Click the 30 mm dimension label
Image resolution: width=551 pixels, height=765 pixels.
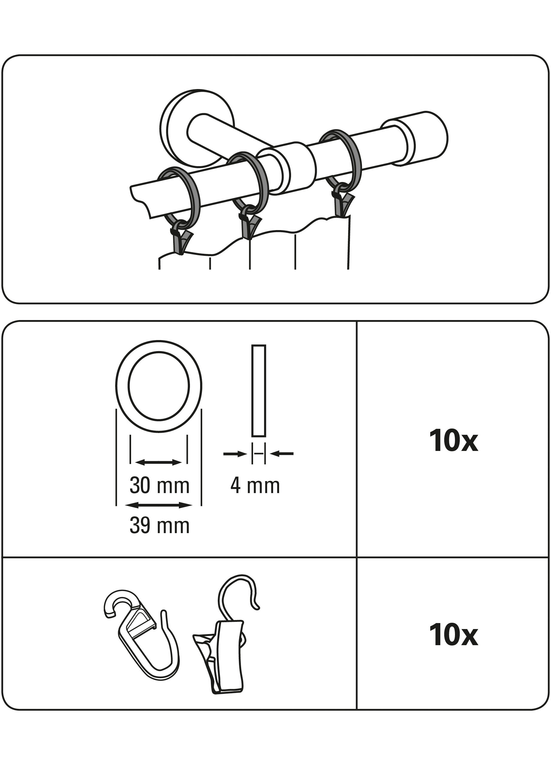click(x=159, y=486)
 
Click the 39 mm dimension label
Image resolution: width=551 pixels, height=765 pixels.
click(x=159, y=526)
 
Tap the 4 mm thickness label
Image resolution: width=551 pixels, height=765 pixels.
click(x=255, y=486)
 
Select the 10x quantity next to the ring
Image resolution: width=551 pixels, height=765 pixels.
click(x=453, y=441)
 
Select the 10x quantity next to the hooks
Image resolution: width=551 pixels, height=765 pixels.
click(x=453, y=635)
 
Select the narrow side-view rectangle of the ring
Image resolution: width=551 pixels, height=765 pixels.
click(x=259, y=390)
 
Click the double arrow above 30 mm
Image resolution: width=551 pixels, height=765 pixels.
click(x=158, y=462)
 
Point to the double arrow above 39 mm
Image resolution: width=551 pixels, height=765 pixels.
click(x=158, y=505)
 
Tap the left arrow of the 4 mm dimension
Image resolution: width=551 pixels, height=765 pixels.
click(x=235, y=454)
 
